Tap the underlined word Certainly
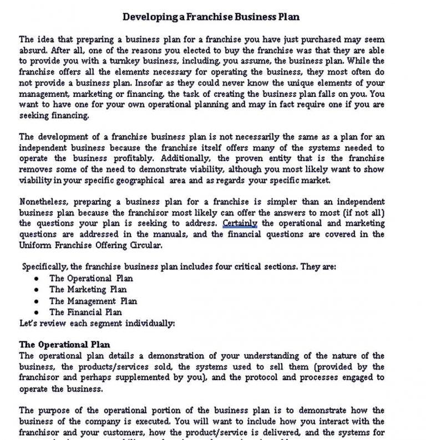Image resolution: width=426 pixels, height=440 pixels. (x=240, y=223)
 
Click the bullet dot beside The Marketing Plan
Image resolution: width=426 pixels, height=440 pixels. (x=36, y=290)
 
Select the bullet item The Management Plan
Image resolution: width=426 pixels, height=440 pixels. (x=93, y=301)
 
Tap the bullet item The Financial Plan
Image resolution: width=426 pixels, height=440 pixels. (x=85, y=312)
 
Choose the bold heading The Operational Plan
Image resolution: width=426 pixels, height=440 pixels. (x=64, y=345)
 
